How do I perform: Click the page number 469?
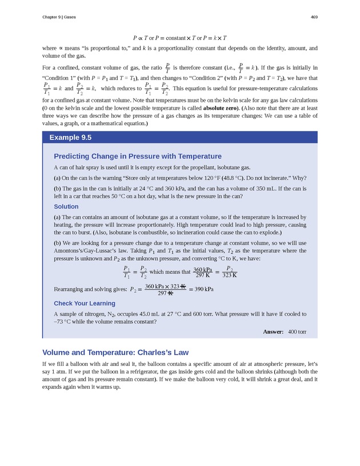point(314,17)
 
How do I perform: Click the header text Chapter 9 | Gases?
point(59,17)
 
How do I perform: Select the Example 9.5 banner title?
point(70,137)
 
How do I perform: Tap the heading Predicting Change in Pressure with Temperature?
point(137,156)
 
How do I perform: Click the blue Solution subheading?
point(66,206)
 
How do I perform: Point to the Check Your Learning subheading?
point(85,303)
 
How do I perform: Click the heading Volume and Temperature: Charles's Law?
point(115,352)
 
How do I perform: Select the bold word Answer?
point(273,332)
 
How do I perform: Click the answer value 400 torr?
point(297,332)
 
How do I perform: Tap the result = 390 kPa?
point(201,289)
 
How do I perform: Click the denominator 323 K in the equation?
point(229,275)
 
